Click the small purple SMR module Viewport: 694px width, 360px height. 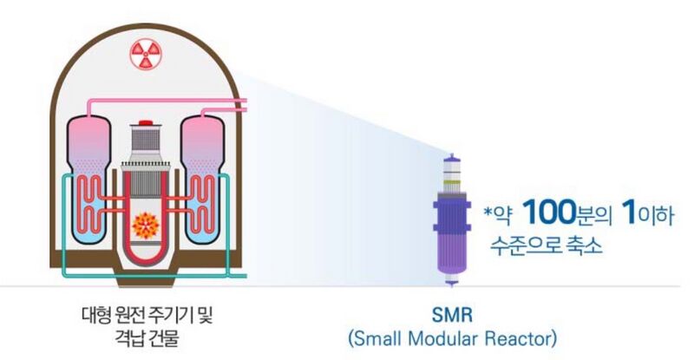[x=450, y=221]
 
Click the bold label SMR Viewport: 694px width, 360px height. [x=451, y=313]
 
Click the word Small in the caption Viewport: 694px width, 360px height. [x=376, y=336]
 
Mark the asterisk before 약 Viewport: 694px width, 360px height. [x=489, y=208]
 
